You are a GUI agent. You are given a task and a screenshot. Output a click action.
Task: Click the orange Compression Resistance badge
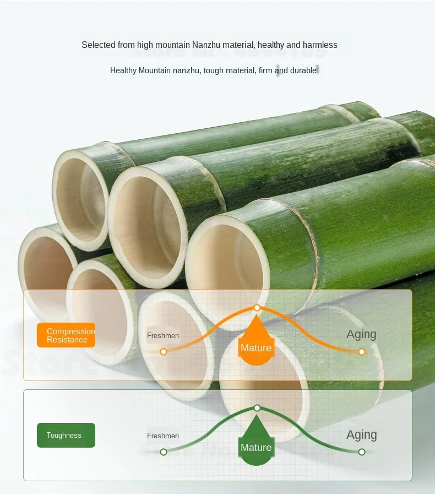[x=66, y=335]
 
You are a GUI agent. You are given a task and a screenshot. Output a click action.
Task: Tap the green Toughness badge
[x=66, y=435]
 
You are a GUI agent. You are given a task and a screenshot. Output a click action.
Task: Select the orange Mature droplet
[x=256, y=347]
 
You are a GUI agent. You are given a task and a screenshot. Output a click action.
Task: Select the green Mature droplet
[x=256, y=447]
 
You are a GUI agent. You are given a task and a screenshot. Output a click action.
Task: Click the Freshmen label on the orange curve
[x=163, y=335]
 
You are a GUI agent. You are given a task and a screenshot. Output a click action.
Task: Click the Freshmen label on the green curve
[x=163, y=436]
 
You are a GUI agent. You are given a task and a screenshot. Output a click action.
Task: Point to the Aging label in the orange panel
[x=361, y=334]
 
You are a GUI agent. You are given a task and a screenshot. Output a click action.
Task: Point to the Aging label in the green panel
[x=361, y=434]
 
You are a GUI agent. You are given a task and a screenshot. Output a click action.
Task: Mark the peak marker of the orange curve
[x=257, y=308]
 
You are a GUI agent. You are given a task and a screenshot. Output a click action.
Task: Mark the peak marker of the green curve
[x=257, y=408]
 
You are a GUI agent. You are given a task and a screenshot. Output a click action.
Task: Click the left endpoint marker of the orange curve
[x=164, y=351]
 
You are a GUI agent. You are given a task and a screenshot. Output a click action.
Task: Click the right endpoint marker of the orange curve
[x=362, y=351]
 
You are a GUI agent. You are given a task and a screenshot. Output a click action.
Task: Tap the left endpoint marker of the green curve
[x=164, y=452]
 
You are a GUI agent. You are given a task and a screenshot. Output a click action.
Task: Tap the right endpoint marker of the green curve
[x=362, y=452]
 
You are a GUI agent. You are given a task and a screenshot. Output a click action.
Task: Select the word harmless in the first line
[x=318, y=45]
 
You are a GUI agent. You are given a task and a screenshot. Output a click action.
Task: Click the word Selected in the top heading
[x=99, y=45]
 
